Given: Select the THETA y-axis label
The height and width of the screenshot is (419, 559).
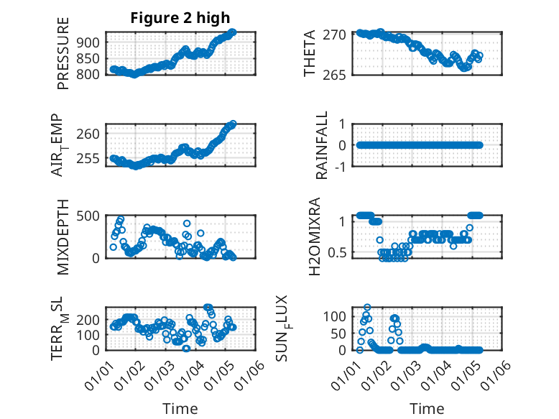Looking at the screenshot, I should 310,54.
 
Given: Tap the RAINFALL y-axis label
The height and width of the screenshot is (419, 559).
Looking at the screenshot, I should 323,145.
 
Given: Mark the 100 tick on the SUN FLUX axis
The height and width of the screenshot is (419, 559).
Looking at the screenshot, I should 336,316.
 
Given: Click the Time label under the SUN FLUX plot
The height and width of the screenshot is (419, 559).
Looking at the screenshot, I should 427,408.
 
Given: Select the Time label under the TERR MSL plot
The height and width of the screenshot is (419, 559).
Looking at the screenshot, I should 180,408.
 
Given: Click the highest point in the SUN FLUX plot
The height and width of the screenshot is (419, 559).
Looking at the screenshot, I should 367,308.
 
